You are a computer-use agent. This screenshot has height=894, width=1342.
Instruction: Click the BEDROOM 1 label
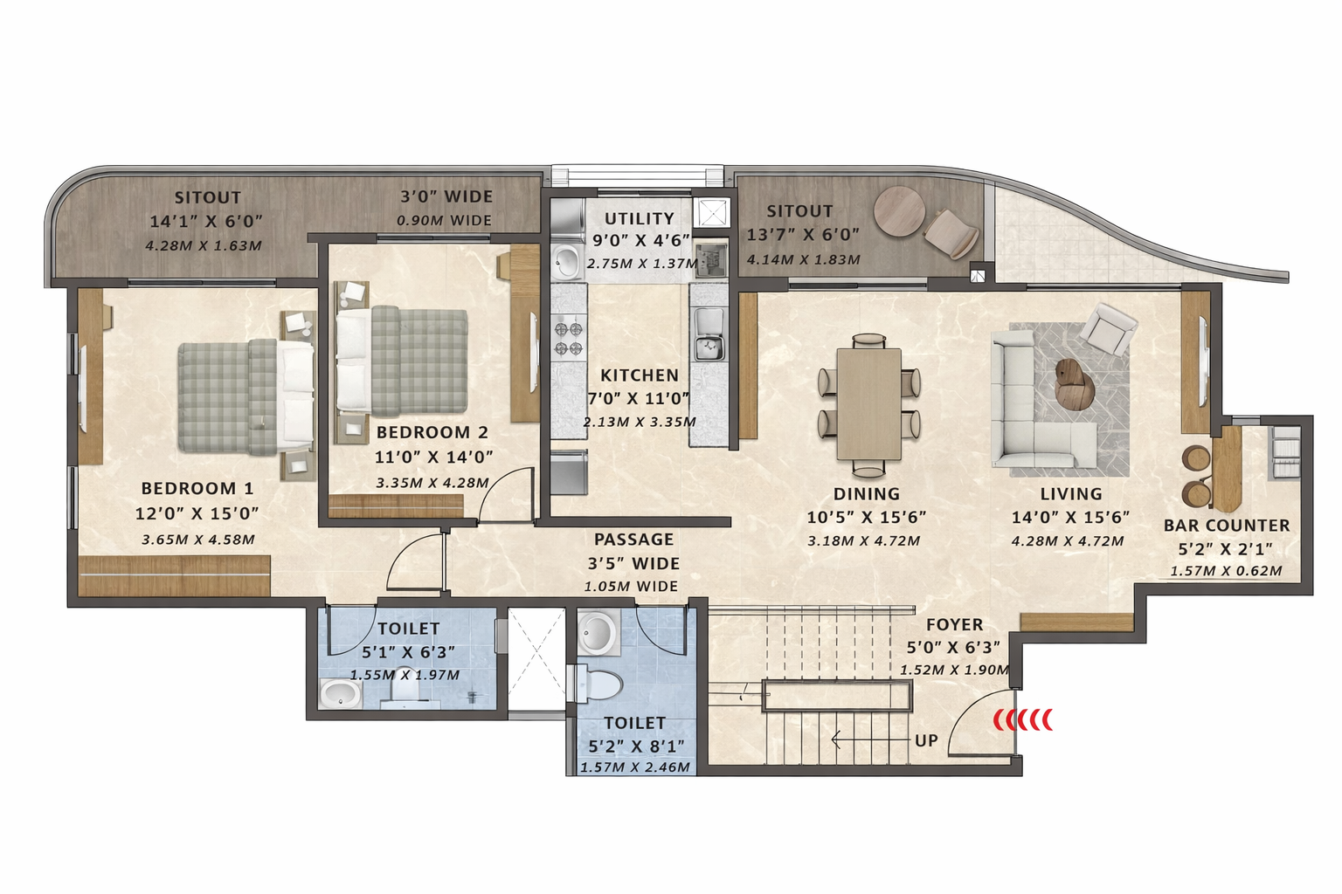tap(197, 488)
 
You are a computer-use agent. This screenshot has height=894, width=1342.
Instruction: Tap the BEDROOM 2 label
tap(432, 432)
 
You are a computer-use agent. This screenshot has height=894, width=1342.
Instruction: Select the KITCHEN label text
tap(639, 375)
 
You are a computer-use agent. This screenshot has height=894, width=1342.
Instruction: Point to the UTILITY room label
tap(639, 219)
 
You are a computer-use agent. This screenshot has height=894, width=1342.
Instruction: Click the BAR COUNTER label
tap(1226, 526)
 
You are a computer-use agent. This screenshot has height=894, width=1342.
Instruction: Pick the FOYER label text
tap(954, 625)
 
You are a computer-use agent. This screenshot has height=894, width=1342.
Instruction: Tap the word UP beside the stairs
tap(926, 740)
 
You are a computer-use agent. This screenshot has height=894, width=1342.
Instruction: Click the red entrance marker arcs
tap(1023, 719)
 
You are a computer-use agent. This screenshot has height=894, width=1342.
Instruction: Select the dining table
tap(868, 403)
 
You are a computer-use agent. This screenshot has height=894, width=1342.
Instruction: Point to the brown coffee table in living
tap(1074, 383)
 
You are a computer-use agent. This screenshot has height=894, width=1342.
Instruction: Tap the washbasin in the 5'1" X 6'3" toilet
tap(340, 694)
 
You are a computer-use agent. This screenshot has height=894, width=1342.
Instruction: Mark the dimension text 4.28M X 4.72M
tap(1067, 541)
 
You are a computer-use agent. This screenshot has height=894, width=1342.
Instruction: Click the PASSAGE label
tap(633, 540)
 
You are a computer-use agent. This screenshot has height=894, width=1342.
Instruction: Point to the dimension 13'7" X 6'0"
tap(802, 235)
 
